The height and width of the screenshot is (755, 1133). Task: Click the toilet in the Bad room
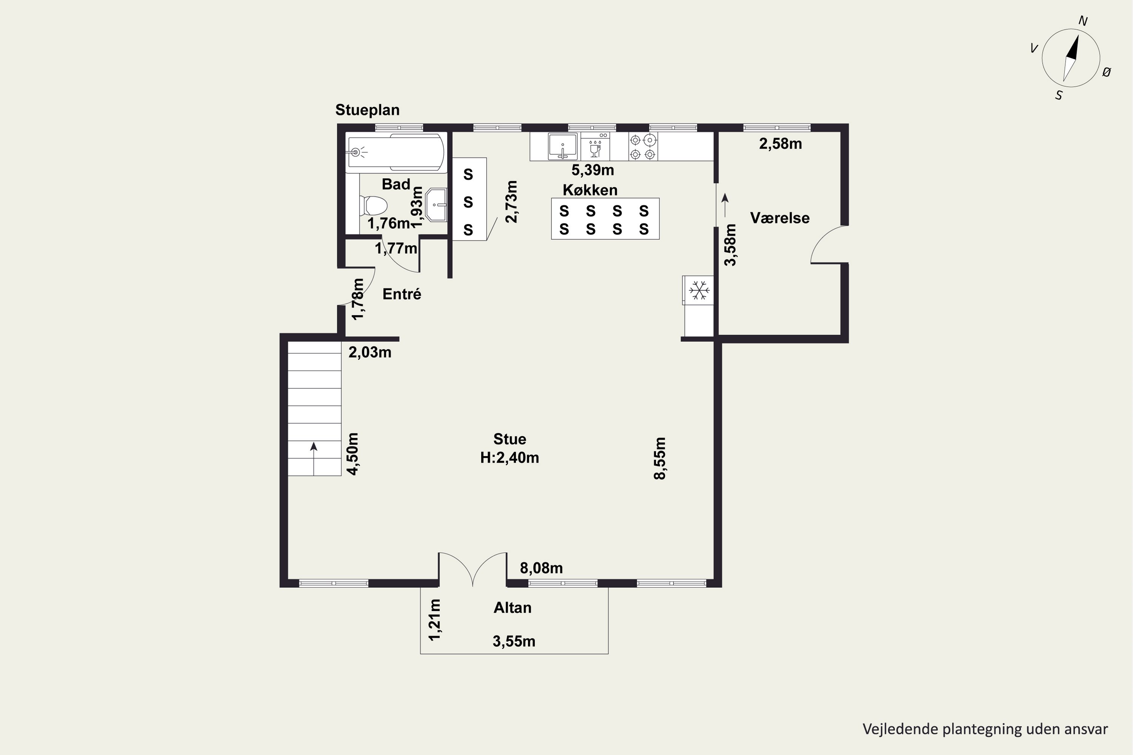point(374,206)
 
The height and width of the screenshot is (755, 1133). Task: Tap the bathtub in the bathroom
point(395,153)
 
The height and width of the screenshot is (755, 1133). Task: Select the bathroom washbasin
point(437,205)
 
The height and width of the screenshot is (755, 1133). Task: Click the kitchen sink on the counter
point(563,146)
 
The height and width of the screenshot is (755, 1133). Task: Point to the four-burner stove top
point(643,146)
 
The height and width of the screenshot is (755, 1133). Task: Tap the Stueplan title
point(367,110)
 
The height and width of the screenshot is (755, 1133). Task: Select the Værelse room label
point(780,218)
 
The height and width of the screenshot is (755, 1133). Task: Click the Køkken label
point(590,190)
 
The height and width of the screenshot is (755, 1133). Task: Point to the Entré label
point(402,294)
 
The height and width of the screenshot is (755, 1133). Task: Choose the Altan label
point(512,608)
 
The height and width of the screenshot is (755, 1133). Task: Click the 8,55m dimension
point(659,458)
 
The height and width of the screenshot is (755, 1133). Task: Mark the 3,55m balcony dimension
point(514,641)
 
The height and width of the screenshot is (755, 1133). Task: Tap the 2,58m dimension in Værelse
point(780,143)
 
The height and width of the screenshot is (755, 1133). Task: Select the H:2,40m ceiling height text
point(509,458)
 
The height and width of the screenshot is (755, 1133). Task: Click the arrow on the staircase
point(313,459)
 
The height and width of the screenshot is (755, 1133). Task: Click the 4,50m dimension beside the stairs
point(353,454)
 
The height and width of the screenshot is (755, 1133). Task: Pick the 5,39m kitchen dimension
point(593,170)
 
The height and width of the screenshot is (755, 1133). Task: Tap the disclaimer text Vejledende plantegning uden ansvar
point(985,729)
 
